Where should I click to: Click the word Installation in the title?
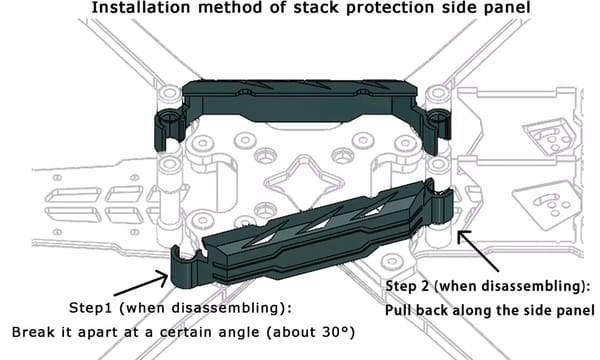click(140, 8)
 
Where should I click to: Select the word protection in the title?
click(390, 8)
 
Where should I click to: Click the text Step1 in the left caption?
click(90, 308)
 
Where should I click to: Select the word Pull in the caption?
click(398, 310)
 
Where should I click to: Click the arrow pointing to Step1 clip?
click(142, 283)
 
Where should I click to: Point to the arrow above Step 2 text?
click(478, 251)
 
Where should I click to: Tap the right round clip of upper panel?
click(437, 128)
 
